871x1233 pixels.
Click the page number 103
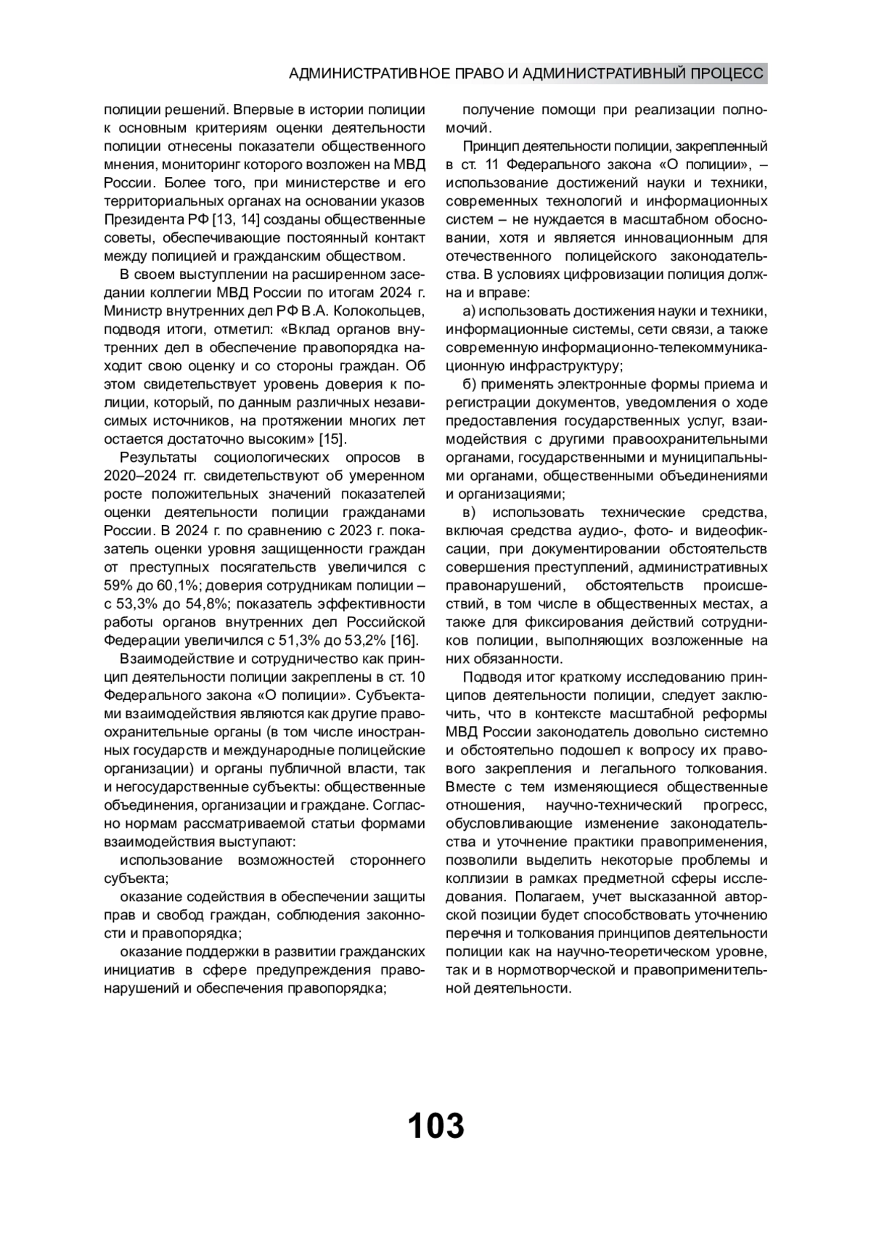coord(435,1126)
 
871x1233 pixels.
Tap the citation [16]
coord(404,640)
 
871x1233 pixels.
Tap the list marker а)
coord(469,311)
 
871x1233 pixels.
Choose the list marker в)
coord(469,512)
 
